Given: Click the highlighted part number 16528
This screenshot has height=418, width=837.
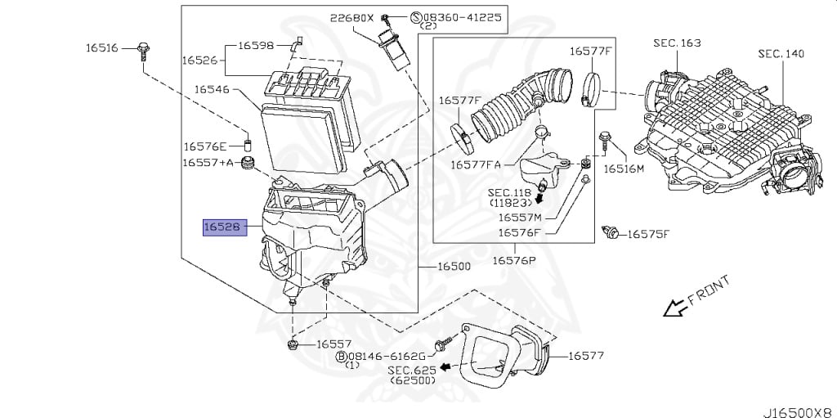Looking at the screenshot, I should [x=222, y=227].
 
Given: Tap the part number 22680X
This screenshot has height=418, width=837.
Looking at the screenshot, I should [x=352, y=16].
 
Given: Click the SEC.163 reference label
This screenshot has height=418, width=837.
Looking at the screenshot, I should [x=677, y=42].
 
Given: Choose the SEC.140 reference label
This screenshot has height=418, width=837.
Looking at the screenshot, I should [x=781, y=53].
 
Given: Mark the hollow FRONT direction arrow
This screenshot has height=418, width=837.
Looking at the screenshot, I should [x=674, y=308].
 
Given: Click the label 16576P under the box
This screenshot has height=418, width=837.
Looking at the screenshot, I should [x=513, y=260].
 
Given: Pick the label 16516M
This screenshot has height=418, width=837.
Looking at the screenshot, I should [x=624, y=169].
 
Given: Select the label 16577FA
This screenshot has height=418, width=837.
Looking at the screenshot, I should [x=476, y=164].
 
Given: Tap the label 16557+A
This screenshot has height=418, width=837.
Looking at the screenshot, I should [x=208, y=163].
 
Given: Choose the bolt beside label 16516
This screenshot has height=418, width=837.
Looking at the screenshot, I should [x=144, y=48].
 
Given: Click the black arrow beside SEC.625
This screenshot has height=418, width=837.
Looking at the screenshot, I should [x=445, y=367].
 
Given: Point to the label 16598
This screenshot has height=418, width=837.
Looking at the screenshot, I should [x=256, y=45].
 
